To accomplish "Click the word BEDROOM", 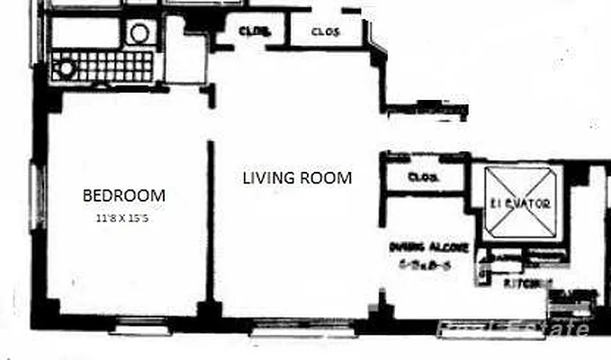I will click(x=124, y=194).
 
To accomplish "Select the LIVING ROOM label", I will click(x=297, y=177).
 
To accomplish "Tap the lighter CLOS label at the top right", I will click(x=325, y=33).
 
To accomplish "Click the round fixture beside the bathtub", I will click(x=139, y=33).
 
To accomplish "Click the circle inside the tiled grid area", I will click(x=65, y=66).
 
